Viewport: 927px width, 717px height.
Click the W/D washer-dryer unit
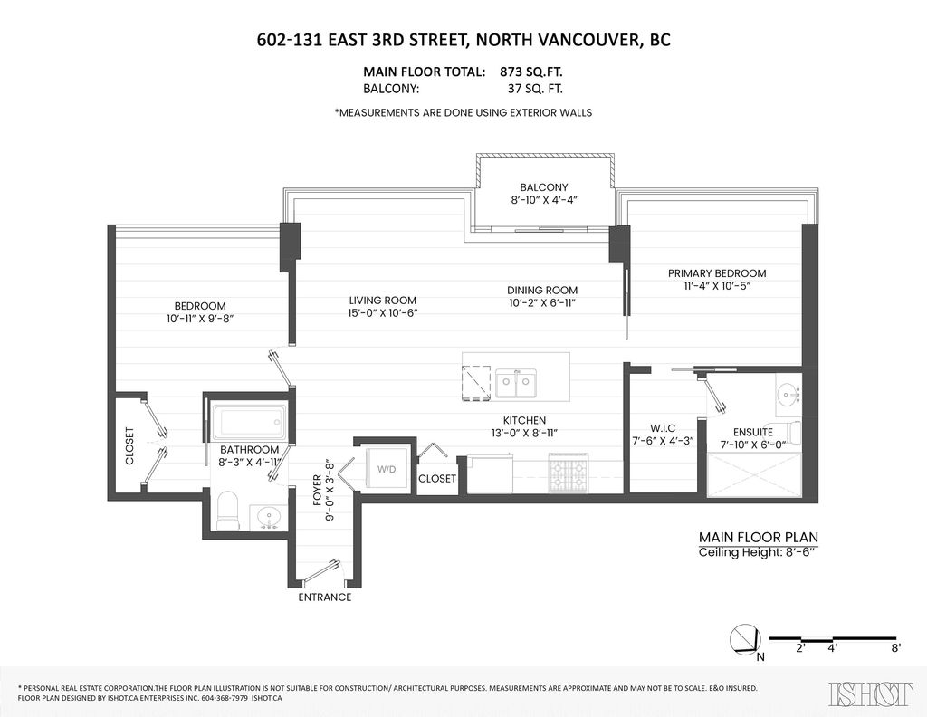(x=387, y=468)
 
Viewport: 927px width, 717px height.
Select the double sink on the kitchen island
(x=516, y=384)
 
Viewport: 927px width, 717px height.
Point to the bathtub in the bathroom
(x=249, y=422)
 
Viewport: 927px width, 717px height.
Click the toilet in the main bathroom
(x=226, y=510)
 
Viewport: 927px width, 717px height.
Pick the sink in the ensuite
(x=788, y=393)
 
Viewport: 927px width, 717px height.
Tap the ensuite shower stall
(x=754, y=474)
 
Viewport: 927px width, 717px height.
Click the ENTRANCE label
(x=325, y=597)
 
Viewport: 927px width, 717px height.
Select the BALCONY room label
(x=544, y=187)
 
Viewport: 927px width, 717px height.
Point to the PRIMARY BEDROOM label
(x=717, y=273)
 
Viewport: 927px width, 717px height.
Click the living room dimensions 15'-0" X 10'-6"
(x=383, y=312)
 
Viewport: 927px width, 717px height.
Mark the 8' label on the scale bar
(x=896, y=648)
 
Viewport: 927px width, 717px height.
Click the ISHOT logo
(x=871, y=694)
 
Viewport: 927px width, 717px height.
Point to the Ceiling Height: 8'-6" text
(x=758, y=552)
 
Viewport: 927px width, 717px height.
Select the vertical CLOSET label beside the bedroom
(x=130, y=445)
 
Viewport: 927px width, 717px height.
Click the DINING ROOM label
(x=542, y=291)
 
